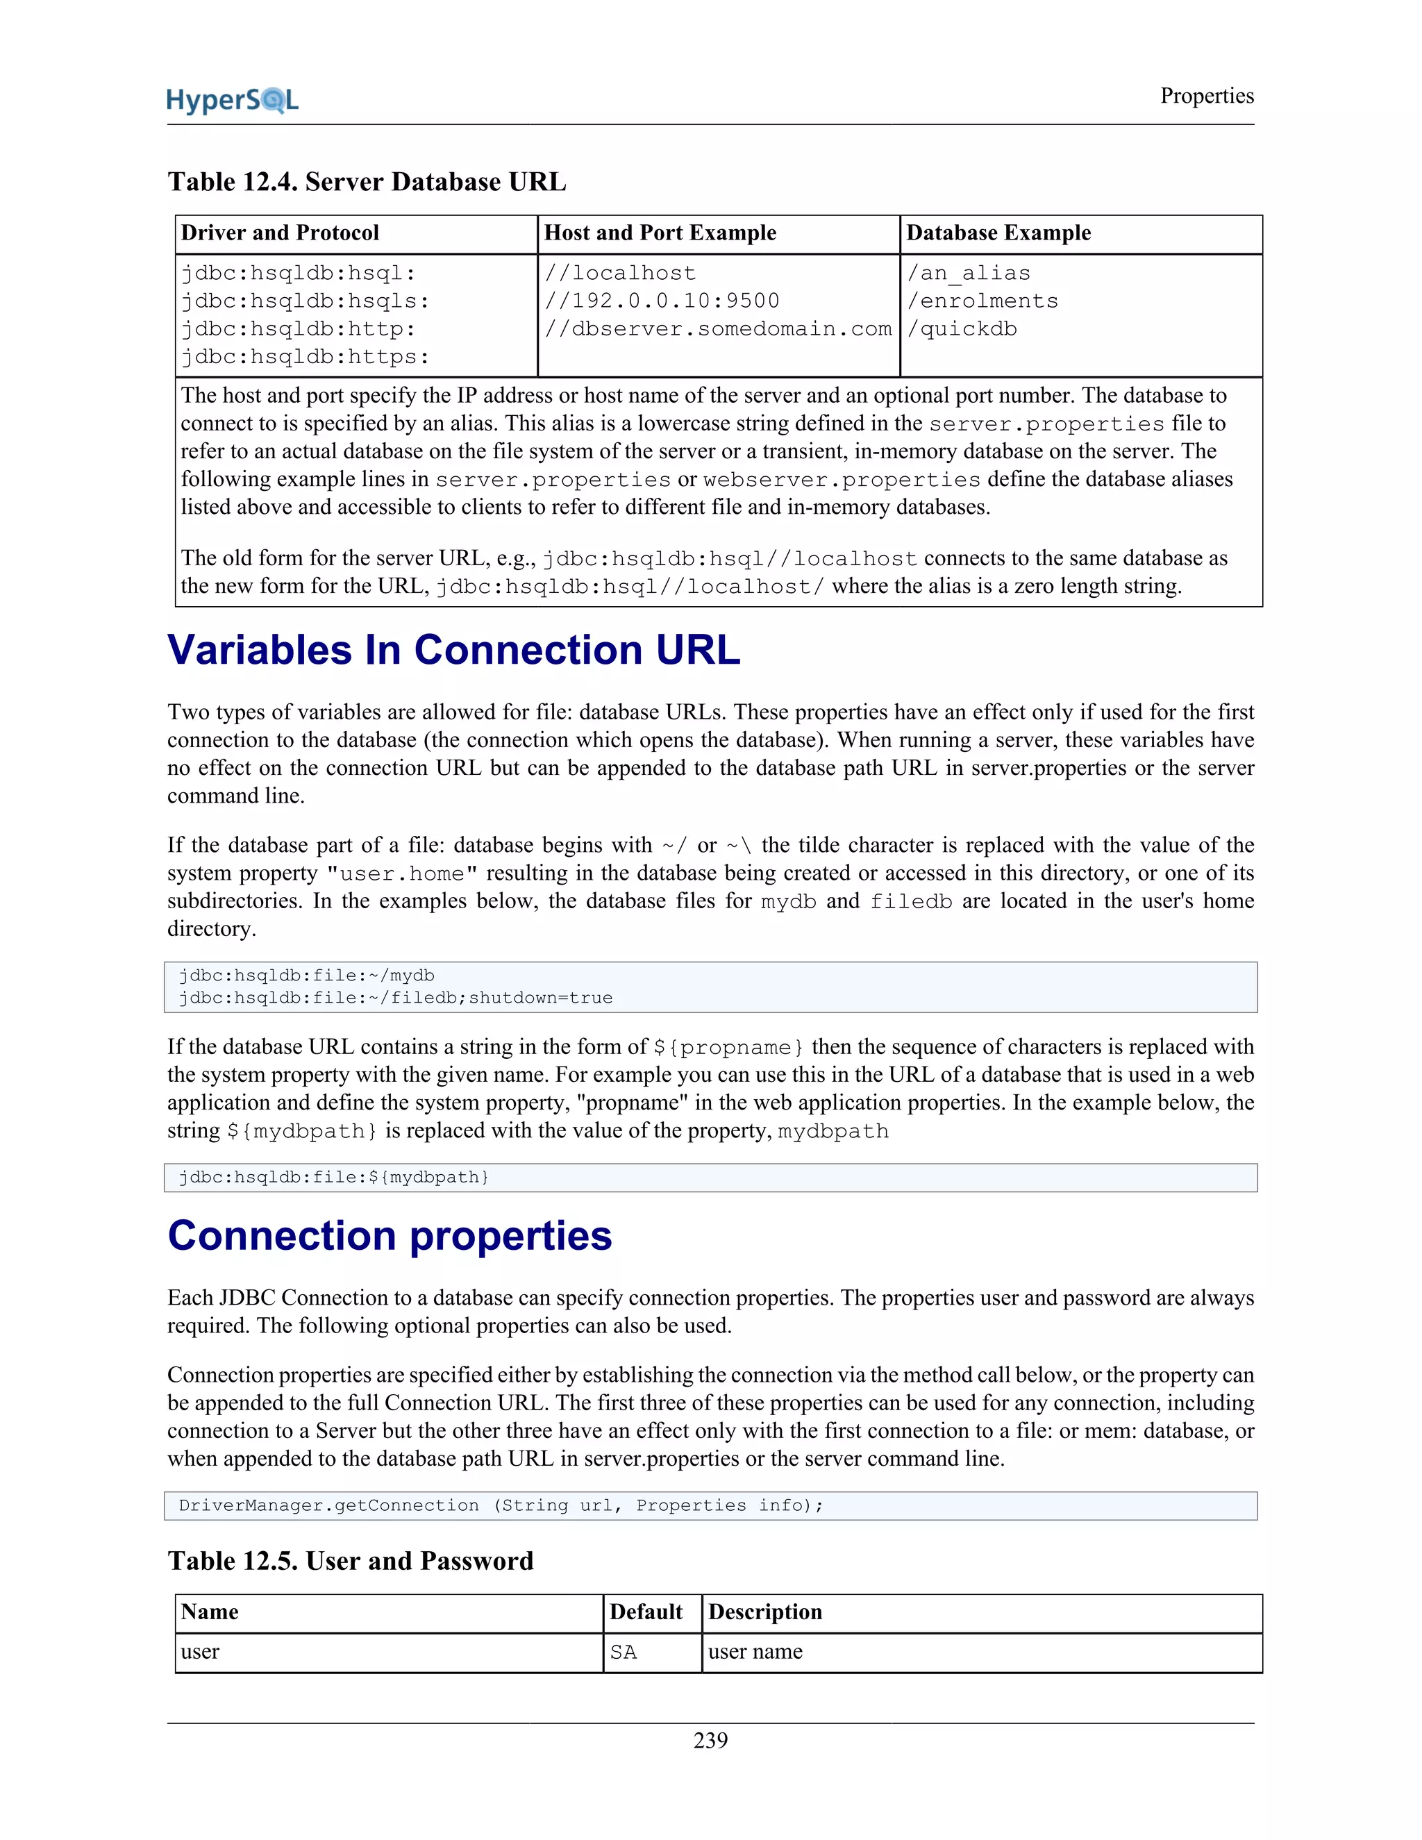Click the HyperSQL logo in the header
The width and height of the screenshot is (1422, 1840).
coord(233,100)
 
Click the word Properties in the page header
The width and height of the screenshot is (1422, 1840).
coord(1206,96)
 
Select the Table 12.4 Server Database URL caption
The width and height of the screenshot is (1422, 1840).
coord(367,182)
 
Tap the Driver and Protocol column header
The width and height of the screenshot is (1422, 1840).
coord(281,233)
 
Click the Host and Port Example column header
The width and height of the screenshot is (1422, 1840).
coord(660,233)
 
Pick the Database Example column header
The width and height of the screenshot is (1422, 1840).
coord(998,233)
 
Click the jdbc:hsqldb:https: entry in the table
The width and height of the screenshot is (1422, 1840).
coord(305,357)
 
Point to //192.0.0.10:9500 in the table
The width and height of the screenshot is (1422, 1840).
coord(662,301)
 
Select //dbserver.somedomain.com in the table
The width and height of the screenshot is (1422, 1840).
coord(718,329)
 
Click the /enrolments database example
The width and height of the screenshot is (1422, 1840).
coord(982,301)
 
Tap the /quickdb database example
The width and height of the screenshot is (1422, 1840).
coord(962,329)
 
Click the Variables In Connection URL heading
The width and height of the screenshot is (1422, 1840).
coord(454,651)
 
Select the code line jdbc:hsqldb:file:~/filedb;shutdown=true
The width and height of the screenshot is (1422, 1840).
coord(395,998)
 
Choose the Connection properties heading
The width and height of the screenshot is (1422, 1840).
coord(390,1236)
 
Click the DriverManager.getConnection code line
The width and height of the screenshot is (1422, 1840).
coord(501,1505)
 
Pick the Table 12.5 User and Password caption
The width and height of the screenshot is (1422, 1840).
coord(351,1561)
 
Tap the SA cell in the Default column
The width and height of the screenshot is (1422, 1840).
coord(624,1652)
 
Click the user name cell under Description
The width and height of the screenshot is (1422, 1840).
coord(755,1652)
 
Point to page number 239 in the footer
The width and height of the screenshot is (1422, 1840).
coord(710,1741)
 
